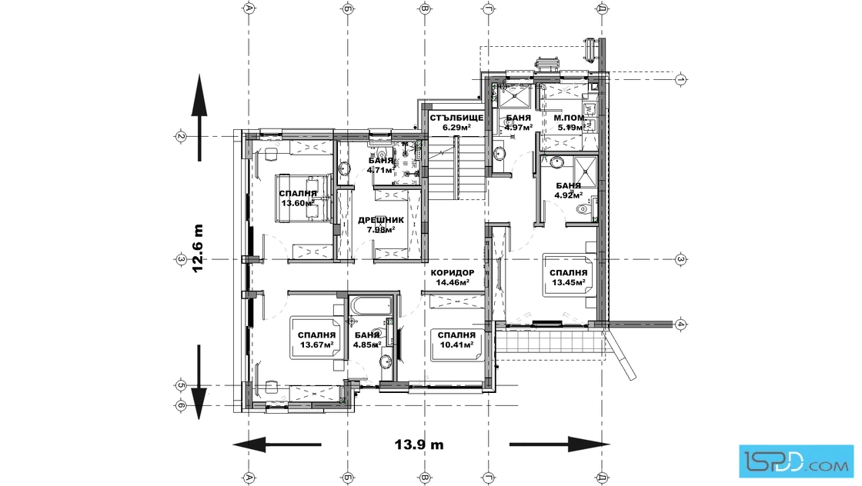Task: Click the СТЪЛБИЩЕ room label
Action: [x=456, y=118]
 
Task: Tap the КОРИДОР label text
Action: [x=453, y=273]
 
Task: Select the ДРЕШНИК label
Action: [x=381, y=220]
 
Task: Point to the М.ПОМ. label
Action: [x=570, y=118]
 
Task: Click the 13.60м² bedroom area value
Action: [x=298, y=203]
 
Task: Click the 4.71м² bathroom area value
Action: [x=379, y=170]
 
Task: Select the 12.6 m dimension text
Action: [x=197, y=248]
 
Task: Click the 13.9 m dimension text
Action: [x=419, y=444]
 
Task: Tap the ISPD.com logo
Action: [x=797, y=461]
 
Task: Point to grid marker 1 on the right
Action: [x=680, y=79]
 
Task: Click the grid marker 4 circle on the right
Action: [x=680, y=324]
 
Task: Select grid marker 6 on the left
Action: [x=180, y=406]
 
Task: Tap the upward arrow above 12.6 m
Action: [x=199, y=118]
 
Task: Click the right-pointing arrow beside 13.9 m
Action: [x=560, y=444]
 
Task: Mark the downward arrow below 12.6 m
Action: [x=199, y=382]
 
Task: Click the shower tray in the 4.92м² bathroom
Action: [x=586, y=170]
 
